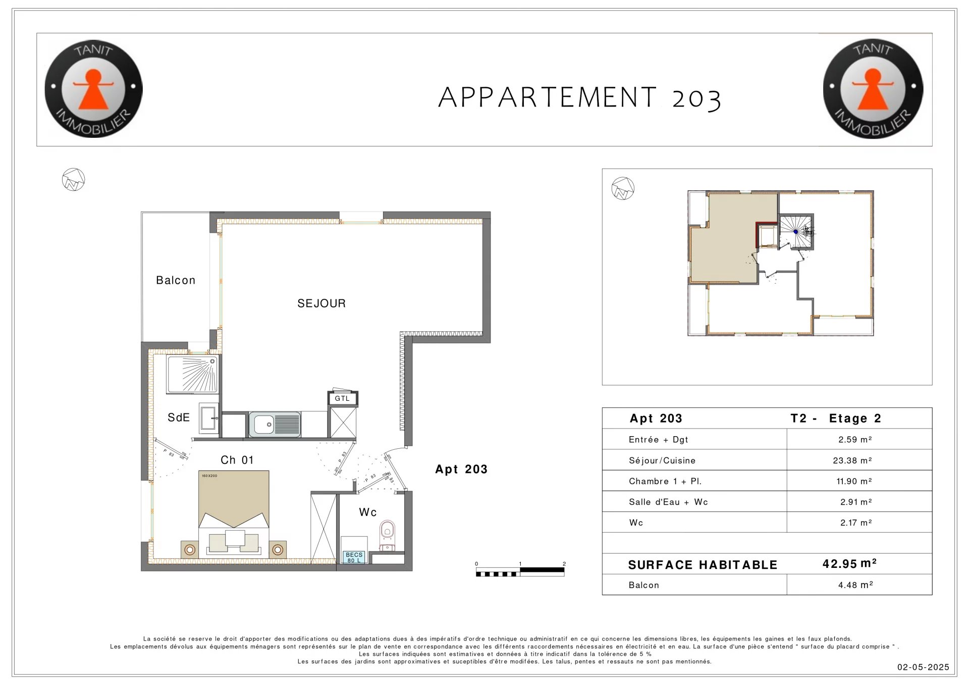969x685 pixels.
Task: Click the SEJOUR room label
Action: coord(321,303)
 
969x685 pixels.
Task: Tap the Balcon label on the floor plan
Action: coord(176,280)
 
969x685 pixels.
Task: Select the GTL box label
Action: coord(342,398)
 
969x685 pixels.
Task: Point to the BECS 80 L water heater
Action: coord(354,557)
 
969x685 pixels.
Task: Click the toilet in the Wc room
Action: coord(387,533)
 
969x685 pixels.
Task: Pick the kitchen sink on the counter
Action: coord(275,424)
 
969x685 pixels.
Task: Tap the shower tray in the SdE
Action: coord(192,374)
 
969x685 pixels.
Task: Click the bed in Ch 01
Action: coord(234,514)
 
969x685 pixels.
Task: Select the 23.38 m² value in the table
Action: coord(852,460)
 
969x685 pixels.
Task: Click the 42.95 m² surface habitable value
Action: coord(849,563)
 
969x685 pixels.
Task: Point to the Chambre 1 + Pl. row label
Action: coord(665,481)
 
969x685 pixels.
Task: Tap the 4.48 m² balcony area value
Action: coord(855,585)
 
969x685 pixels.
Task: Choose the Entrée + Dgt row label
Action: coord(659,440)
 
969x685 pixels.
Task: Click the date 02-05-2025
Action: coord(923,667)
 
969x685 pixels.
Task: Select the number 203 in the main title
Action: coord(696,99)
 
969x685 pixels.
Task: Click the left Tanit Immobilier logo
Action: coord(93,89)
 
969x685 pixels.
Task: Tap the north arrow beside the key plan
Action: coord(623,188)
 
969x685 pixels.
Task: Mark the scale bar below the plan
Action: coord(520,571)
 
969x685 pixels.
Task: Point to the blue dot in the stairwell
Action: coord(795,232)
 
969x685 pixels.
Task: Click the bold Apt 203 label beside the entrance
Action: coord(461,469)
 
